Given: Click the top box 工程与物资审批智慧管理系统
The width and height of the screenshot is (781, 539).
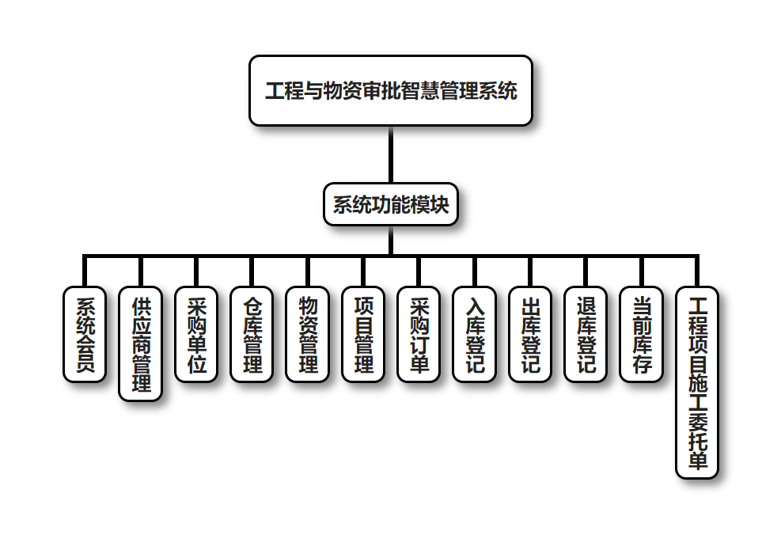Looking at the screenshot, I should pos(390,90).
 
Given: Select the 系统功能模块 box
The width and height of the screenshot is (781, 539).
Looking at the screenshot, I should pos(390,205).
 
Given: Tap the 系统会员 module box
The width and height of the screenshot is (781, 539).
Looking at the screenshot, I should pos(84,334).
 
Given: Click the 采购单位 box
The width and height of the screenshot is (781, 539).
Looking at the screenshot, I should pos(196,334).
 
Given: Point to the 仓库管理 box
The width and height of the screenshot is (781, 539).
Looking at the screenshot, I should pos(252,334).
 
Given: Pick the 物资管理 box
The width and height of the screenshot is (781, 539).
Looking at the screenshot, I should pos(307,334).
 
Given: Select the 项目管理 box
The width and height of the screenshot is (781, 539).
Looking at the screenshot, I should pos(363,334).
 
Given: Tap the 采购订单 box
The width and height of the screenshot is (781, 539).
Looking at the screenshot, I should pos(419,334).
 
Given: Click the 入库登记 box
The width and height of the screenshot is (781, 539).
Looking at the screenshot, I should pos(474,334).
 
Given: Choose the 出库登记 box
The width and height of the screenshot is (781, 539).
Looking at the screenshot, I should pos(530,334).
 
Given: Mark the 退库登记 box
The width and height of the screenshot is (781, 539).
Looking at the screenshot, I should pos(586,334).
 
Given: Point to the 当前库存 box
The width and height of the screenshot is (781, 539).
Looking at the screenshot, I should pos(641,334).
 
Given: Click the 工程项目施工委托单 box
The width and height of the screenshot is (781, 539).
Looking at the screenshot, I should pos(697,382).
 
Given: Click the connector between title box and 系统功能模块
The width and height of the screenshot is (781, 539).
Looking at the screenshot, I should pos(390,154).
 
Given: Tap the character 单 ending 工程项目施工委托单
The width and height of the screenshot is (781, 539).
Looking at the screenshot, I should pos(697,461).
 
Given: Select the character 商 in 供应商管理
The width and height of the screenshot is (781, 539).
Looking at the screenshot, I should pos(141,344).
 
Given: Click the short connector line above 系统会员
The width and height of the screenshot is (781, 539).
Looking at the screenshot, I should pos(84,271).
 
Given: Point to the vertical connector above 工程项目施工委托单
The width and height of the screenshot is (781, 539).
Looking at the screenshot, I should pos(697,271).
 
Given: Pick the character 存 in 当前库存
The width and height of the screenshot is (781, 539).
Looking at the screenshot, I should pos(641,365).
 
